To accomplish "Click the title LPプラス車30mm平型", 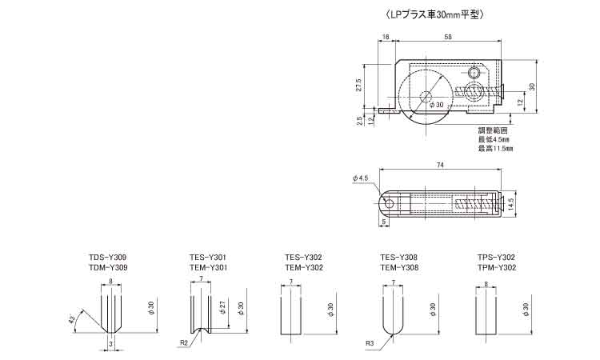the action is click(436, 15).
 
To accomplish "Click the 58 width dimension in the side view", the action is click(448, 37).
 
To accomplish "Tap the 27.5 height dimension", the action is click(358, 85).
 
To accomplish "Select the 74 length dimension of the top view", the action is click(440, 165).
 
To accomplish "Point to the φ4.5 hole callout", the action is click(361, 178).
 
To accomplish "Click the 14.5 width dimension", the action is click(510, 204).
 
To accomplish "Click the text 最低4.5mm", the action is click(494, 139).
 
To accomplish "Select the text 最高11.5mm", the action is click(495, 148).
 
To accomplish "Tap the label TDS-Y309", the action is click(107, 257).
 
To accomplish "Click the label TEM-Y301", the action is click(208, 267).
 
